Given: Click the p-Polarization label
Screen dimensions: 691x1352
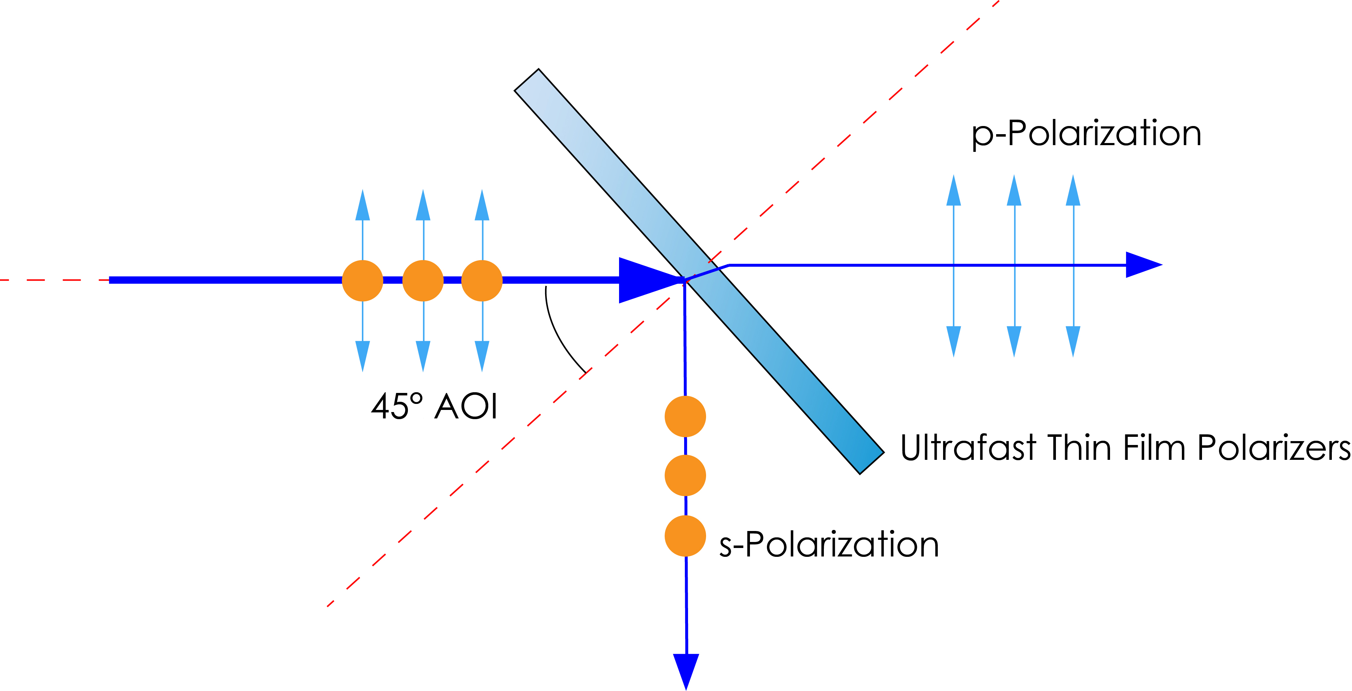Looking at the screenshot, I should click(1086, 133).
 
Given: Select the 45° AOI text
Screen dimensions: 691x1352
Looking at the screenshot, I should click(434, 406).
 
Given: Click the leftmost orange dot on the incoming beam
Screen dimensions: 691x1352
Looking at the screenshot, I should click(362, 280).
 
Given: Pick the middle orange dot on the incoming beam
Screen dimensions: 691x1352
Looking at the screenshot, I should click(423, 280).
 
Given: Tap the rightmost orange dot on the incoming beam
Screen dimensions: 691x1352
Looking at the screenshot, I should click(482, 280).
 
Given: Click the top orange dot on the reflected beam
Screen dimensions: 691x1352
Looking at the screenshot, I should click(685, 416).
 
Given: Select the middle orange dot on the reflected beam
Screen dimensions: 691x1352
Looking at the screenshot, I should click(685, 475).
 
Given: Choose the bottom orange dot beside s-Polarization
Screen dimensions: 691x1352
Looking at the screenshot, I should click(685, 536).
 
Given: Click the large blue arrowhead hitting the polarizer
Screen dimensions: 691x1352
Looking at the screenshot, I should click(646, 280).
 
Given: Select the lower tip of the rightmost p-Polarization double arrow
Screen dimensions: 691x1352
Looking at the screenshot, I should click(1073, 344).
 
